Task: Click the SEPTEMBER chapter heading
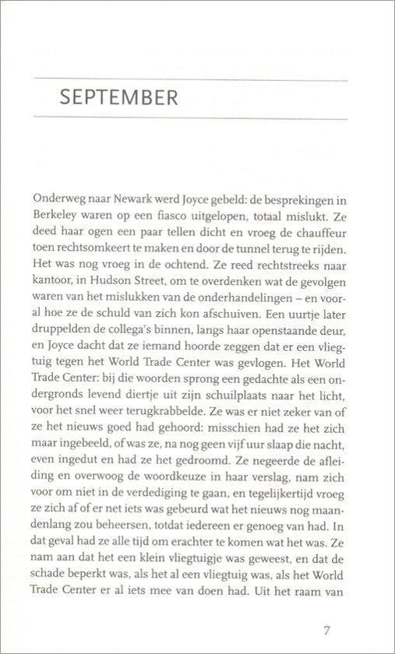click(118, 100)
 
